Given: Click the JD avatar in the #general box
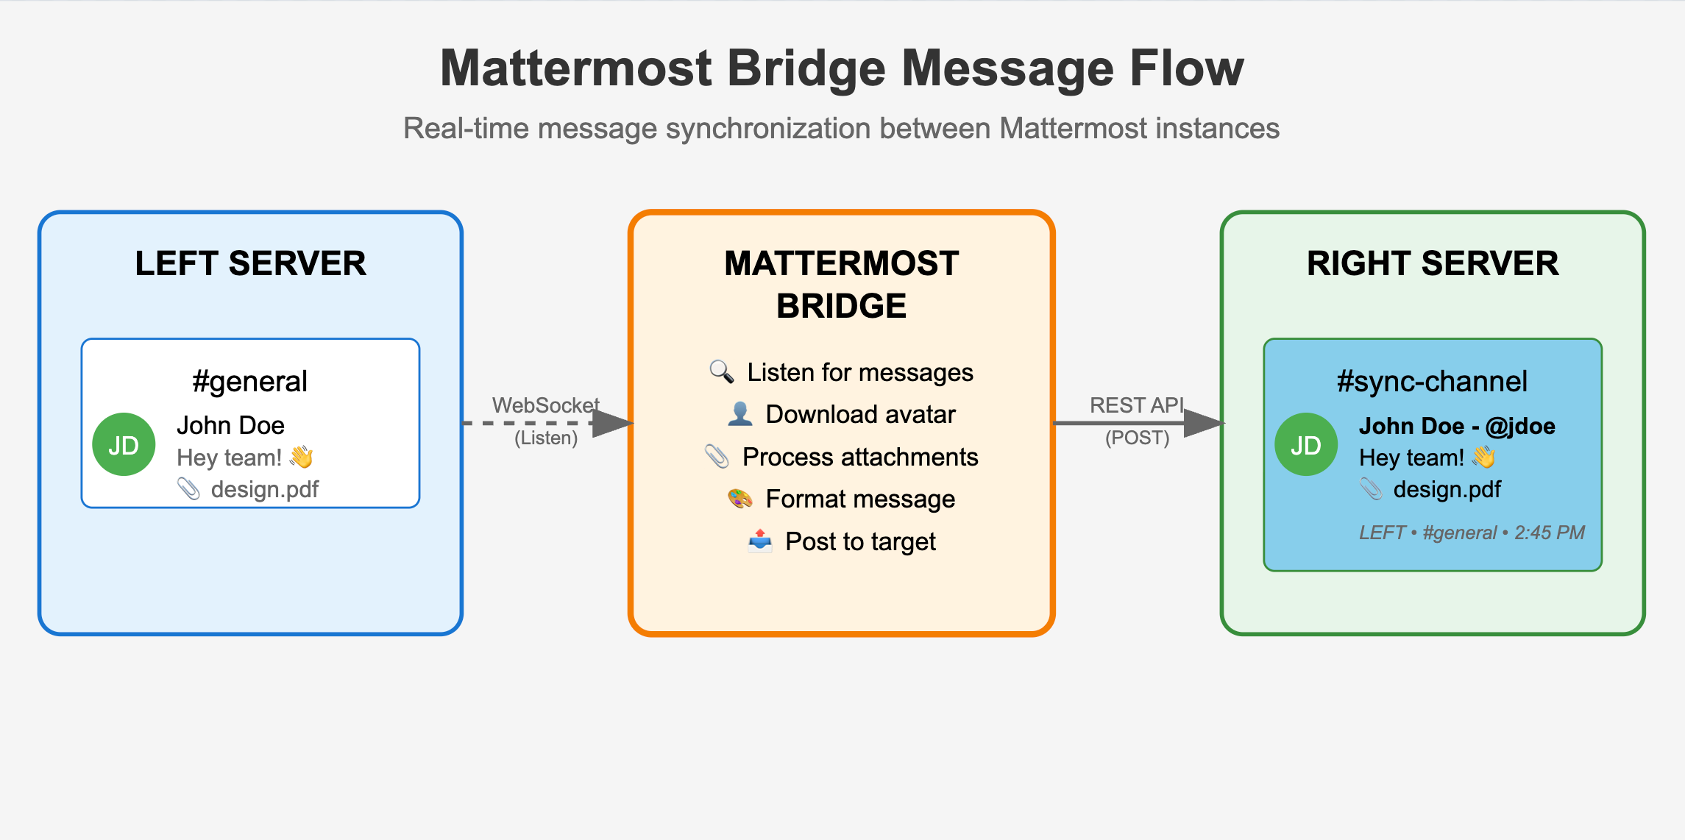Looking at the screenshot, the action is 124,444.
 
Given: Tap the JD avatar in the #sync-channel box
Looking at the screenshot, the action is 1306,444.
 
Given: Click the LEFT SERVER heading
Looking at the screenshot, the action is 250,263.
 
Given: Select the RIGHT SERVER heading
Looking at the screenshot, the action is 1433,263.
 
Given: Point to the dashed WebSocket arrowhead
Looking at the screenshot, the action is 613,423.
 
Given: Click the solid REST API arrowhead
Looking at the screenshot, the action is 1205,423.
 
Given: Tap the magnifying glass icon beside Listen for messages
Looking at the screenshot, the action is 721,372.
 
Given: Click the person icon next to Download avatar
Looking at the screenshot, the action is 739,414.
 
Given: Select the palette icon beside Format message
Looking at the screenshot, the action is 739,499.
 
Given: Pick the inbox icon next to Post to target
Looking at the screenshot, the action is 759,541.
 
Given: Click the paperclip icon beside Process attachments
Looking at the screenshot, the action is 717,457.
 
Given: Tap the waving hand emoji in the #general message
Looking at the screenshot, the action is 301,458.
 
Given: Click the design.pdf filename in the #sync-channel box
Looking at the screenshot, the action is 1447,489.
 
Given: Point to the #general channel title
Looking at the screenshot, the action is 250,382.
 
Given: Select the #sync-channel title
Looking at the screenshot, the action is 1432,382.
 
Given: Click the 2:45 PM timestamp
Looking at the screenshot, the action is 1549,533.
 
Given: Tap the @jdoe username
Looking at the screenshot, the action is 1520,426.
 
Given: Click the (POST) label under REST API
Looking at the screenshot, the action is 1137,438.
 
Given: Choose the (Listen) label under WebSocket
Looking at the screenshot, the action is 546,438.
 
